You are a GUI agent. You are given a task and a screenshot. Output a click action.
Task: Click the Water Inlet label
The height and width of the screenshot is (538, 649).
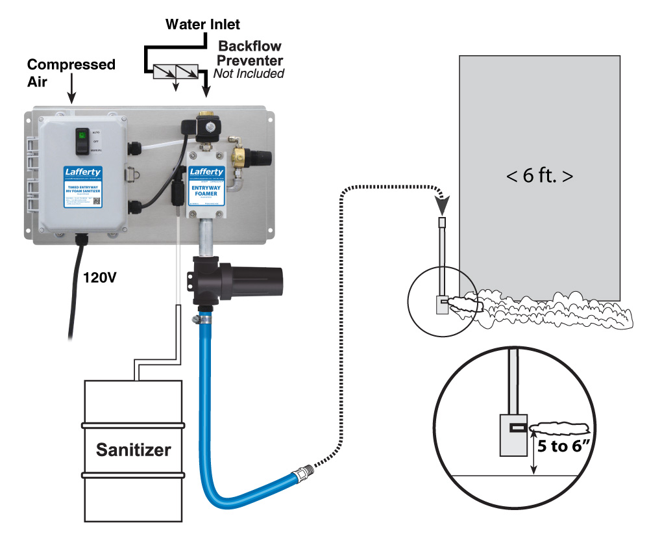click(x=202, y=25)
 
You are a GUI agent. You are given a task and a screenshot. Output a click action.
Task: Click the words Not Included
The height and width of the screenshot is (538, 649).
click(x=249, y=73)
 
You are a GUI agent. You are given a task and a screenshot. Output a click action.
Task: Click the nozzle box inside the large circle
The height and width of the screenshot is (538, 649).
click(x=511, y=433)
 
